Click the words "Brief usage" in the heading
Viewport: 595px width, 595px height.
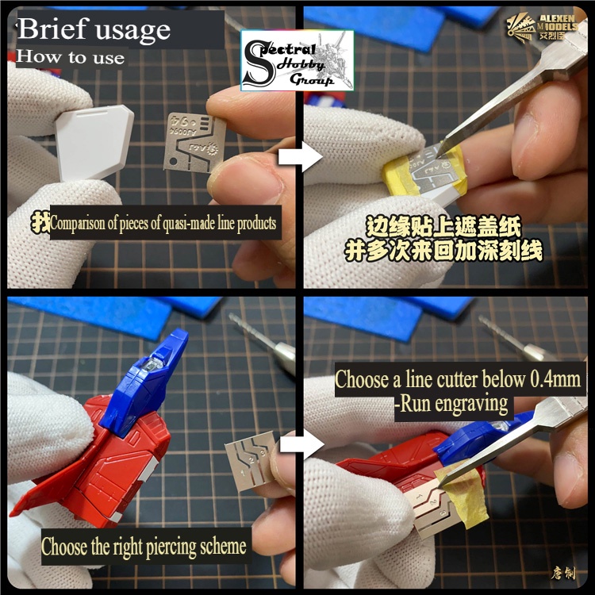click(94, 29)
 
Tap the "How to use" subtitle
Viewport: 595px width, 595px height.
click(71, 57)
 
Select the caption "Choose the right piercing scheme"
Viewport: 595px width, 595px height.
click(144, 547)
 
